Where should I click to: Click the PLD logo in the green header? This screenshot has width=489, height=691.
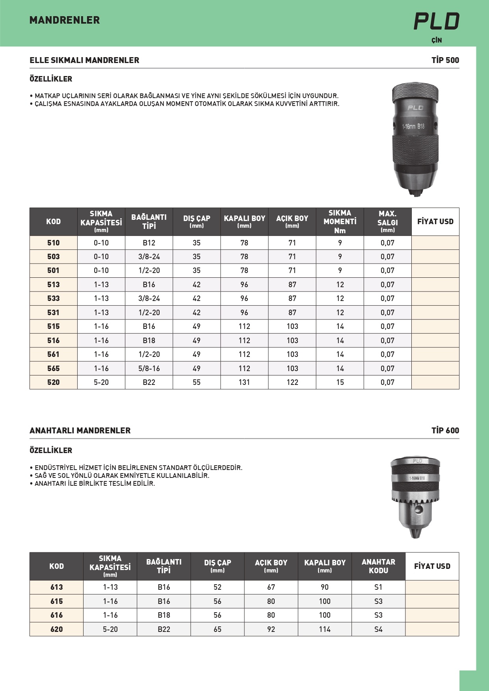tap(436, 21)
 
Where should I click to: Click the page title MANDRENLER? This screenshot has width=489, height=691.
tap(65, 20)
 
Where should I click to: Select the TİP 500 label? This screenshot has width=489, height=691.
tap(445, 60)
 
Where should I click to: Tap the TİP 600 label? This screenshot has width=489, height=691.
tap(445, 430)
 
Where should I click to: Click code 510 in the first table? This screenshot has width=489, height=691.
tap(54, 243)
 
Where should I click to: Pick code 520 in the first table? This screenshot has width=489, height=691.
tap(54, 382)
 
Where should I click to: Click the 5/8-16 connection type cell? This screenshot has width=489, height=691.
tap(149, 368)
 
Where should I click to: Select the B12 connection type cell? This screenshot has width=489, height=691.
tap(149, 243)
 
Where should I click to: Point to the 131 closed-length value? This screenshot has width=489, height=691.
tap(244, 382)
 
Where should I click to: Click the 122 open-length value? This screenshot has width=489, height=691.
tap(292, 382)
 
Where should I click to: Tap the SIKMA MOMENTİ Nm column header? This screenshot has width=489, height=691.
tap(340, 221)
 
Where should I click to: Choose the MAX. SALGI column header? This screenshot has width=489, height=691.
tap(387, 221)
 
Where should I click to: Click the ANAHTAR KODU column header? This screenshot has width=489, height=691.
tap(378, 566)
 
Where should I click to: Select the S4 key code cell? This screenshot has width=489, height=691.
tap(378, 629)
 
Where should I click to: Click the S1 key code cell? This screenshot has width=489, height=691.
tap(378, 587)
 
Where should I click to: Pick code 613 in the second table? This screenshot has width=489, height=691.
tap(57, 587)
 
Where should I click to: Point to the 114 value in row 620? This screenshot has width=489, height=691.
tap(325, 629)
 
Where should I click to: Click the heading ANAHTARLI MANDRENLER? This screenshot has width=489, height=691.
tap(80, 430)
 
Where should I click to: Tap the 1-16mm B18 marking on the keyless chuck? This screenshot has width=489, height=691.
tap(413, 126)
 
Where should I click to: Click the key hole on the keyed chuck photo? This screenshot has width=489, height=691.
tap(419, 510)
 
